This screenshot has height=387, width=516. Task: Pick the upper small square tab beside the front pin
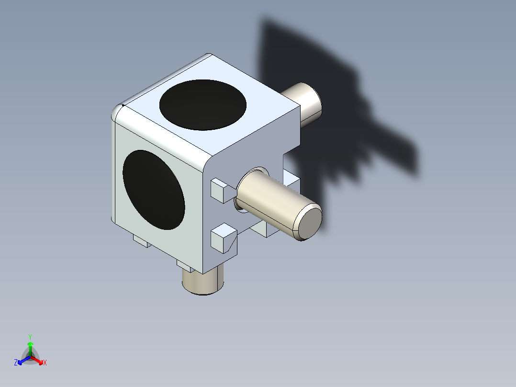point(221,189)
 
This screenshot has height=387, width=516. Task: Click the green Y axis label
point(30,336)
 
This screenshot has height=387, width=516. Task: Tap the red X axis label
point(45,363)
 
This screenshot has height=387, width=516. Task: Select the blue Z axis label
point(16,363)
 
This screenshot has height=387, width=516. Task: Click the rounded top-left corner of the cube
point(118,112)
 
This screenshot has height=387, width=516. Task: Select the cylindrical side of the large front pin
point(268,201)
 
